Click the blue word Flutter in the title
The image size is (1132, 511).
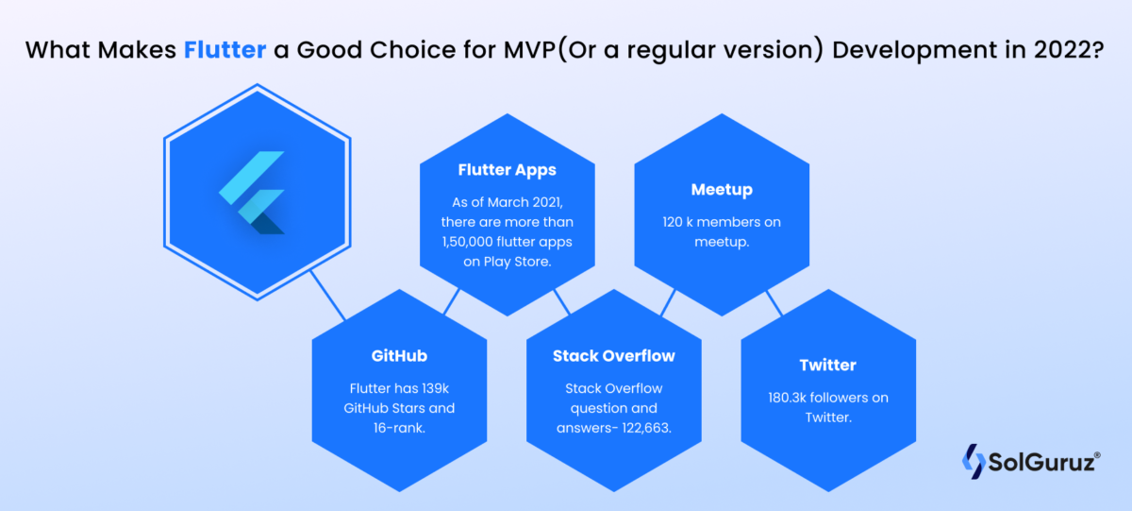[224, 51]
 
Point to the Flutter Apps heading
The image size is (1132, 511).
[507, 170]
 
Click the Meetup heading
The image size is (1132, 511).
[722, 190]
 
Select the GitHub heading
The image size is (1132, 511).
[399, 356]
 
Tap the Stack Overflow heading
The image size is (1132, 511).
[614, 356]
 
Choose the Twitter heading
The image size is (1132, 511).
[827, 365]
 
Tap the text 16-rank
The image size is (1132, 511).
[399, 429]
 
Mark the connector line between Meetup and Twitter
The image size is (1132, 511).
[774, 302]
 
